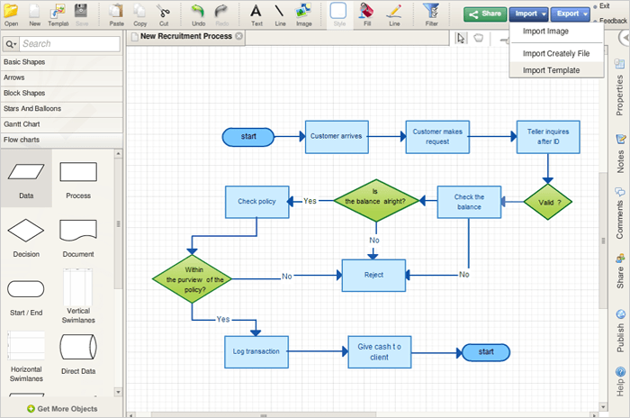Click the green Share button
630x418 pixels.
pos(485,14)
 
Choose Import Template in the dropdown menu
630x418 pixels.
pos(551,70)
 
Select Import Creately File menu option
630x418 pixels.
pos(555,53)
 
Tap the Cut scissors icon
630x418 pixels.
pos(163,12)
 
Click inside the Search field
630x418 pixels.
pos(70,44)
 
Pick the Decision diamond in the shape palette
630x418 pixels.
pos(26,231)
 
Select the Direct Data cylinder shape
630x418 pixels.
pos(78,347)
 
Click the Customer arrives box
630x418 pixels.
pos(337,137)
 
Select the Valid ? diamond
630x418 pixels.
pos(547,202)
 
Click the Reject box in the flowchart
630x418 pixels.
pos(373,275)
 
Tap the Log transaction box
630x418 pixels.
pos(256,352)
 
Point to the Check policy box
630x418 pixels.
pos(256,202)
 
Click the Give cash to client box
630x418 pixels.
pos(379,352)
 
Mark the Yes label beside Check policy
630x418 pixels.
pos(310,201)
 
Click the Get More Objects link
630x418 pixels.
pos(62,409)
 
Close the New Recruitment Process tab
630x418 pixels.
pos(239,36)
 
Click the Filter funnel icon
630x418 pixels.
pos(431,11)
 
